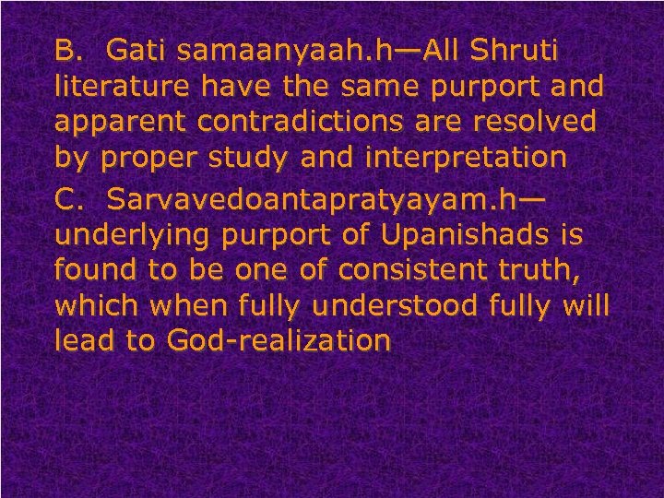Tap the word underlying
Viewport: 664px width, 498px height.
pos(135,237)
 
